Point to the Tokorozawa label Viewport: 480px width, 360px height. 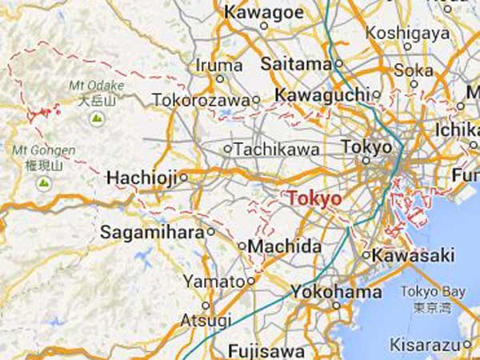[x=200, y=100]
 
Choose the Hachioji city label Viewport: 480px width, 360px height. [x=142, y=177]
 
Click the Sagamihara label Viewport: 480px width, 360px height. [x=152, y=232]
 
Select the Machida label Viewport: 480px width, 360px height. [x=284, y=246]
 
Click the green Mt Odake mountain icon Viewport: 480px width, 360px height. [x=97, y=118]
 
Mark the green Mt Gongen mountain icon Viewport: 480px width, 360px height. [x=44, y=183]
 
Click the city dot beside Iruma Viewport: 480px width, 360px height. [x=220, y=78]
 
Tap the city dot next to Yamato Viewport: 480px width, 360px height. [x=250, y=281]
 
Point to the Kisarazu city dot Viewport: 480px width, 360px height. [x=466, y=345]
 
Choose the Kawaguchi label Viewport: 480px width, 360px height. [x=322, y=95]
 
